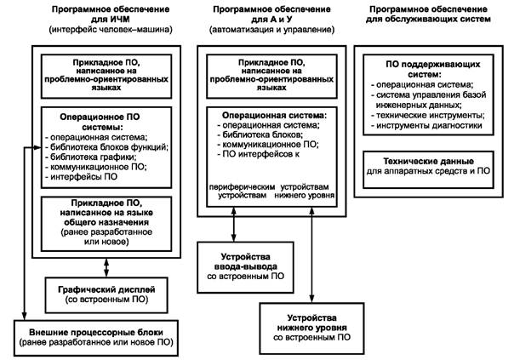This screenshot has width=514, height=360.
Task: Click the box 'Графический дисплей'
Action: point(107,288)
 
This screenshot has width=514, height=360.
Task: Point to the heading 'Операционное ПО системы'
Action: point(103,117)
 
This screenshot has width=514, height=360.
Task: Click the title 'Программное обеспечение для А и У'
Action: point(266,14)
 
